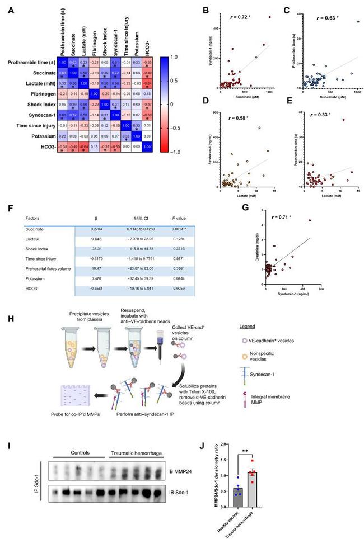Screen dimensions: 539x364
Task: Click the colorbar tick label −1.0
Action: tap(180, 152)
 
